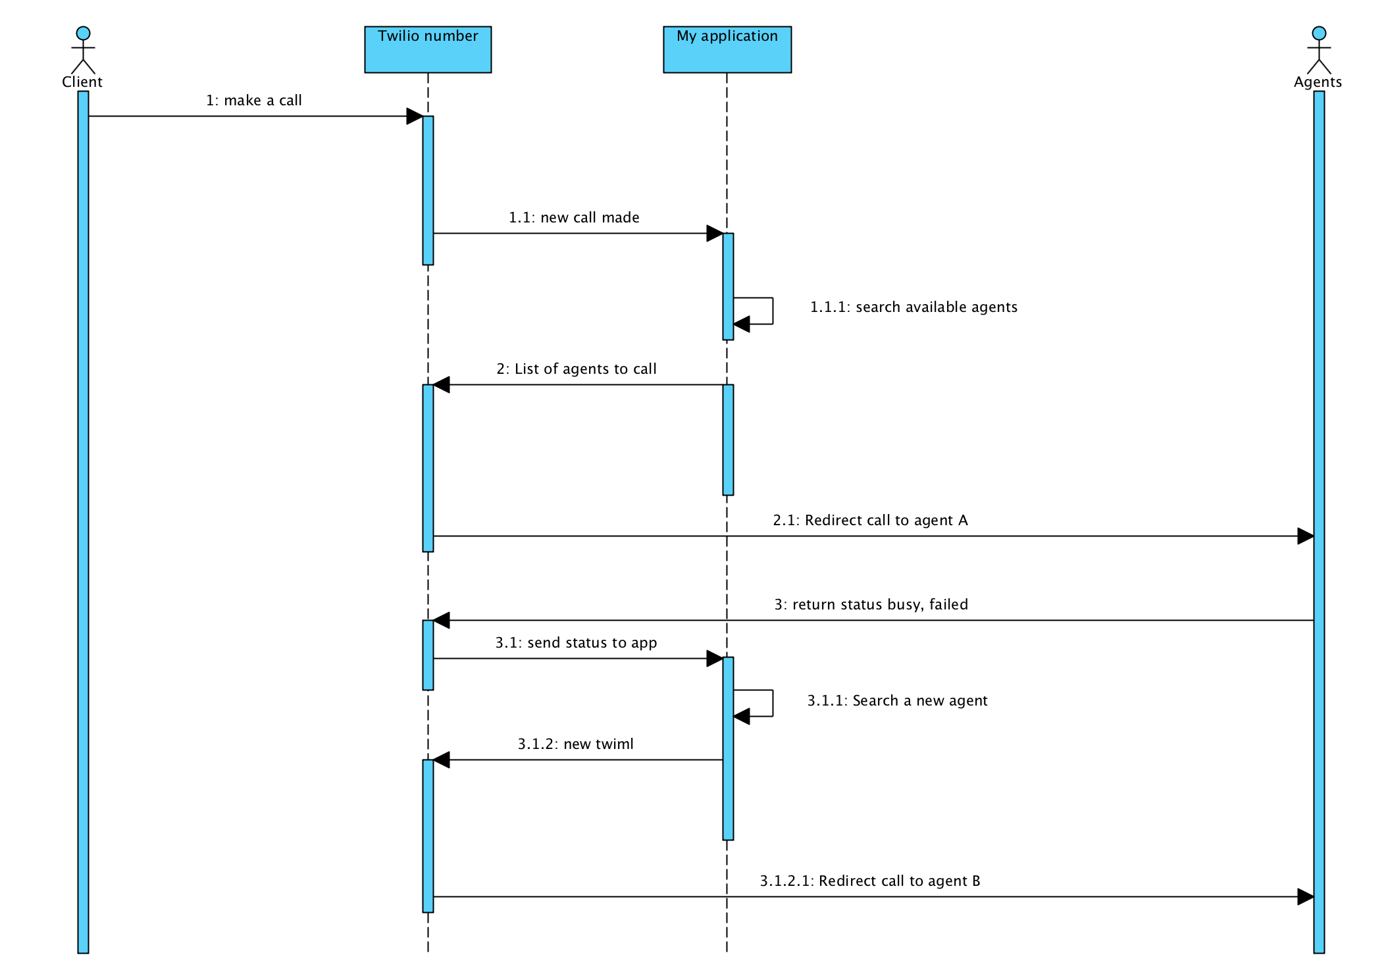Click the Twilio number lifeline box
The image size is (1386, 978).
tap(428, 49)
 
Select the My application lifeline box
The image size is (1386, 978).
tap(727, 49)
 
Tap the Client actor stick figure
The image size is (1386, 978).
tap(83, 51)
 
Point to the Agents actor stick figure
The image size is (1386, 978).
tap(1318, 51)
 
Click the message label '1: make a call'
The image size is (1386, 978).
tap(254, 101)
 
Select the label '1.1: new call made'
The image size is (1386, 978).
tap(574, 218)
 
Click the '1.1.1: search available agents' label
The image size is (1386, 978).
tap(913, 307)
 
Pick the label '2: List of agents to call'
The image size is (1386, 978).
tap(577, 369)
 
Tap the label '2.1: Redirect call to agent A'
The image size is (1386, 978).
tap(870, 521)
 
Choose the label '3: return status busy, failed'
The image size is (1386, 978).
tap(871, 605)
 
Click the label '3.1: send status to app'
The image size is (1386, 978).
tap(576, 643)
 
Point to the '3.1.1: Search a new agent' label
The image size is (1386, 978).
tap(897, 701)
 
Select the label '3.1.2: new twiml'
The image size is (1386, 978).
tap(575, 744)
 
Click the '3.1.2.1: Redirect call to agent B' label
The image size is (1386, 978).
tap(870, 881)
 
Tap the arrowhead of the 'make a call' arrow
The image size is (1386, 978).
tap(415, 116)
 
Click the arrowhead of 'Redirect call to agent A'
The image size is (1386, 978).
tap(1305, 536)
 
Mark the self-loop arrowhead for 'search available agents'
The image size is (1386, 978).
tap(742, 324)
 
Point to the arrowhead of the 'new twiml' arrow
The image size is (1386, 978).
tap(442, 760)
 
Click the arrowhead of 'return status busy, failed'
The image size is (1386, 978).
tap(442, 621)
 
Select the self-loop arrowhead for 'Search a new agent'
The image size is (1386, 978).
tap(742, 717)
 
